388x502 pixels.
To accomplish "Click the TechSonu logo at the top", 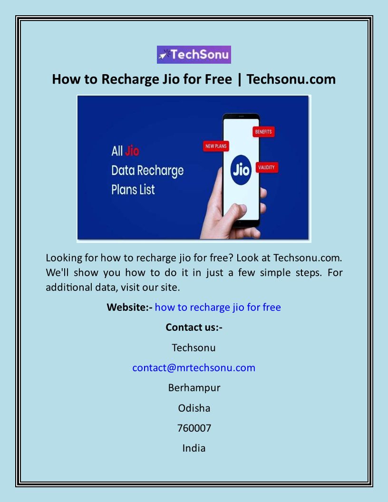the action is (x=194, y=54).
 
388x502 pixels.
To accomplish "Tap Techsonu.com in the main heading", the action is (x=291, y=79).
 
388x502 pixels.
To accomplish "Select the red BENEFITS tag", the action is (x=263, y=132).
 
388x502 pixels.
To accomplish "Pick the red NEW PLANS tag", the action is (x=216, y=146).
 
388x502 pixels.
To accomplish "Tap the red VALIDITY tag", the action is (x=266, y=167).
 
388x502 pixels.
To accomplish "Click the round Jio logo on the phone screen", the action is (x=241, y=170).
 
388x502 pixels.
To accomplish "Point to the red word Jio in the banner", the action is (x=132, y=151).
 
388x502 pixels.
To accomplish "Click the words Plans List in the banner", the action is (x=133, y=190).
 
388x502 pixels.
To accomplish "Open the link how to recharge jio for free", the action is (x=218, y=308).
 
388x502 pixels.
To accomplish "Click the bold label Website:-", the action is (x=130, y=308).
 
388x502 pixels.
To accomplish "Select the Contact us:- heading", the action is (x=194, y=327).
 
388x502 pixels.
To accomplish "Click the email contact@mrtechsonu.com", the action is (x=194, y=368).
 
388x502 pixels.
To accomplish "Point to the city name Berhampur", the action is (x=194, y=388).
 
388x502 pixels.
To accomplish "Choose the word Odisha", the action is (x=194, y=408).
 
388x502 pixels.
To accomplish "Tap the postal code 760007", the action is (x=194, y=428).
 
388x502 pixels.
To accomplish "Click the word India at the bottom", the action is (x=194, y=448).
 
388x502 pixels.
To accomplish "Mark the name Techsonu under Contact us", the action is (x=194, y=348).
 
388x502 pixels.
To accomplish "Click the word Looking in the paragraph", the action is (x=64, y=258).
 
